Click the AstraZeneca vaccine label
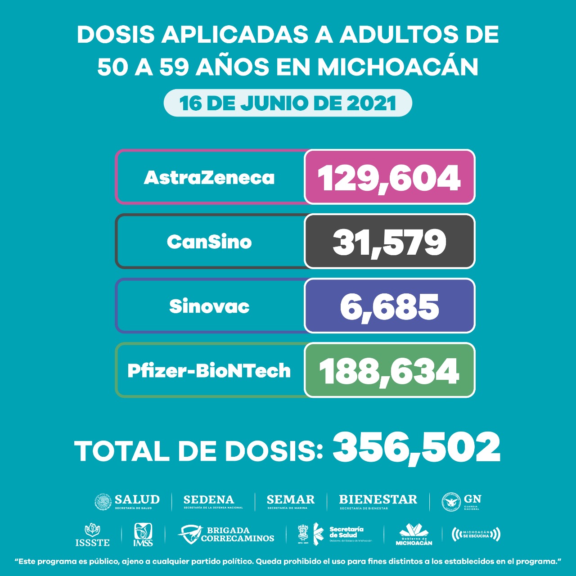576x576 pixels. click(209, 177)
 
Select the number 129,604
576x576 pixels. click(389, 177)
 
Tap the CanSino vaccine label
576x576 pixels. click(209, 242)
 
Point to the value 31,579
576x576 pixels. click(389, 242)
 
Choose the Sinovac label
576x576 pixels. click(209, 306)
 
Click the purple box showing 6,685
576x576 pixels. click(389, 306)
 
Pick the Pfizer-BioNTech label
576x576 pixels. click(209, 371)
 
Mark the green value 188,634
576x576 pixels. click(389, 371)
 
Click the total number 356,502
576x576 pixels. click(416, 447)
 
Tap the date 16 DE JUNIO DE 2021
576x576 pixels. click(288, 103)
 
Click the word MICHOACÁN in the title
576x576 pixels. click(398, 67)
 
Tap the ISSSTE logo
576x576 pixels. click(92, 535)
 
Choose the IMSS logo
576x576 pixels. click(143, 535)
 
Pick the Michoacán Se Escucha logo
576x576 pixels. click(476, 534)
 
